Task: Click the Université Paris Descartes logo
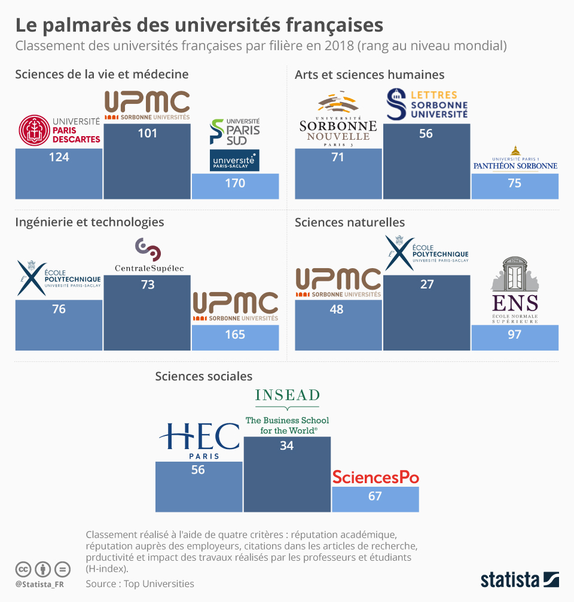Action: coord(59,130)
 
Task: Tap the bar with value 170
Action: coord(235,186)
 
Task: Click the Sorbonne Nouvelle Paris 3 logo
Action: coord(338,120)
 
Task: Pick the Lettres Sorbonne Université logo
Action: coord(426,104)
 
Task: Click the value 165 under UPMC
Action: coord(235,334)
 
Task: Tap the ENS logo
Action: coord(515,290)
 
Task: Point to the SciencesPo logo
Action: coord(375,477)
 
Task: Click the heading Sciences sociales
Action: coord(203,376)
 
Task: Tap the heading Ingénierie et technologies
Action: coord(90,222)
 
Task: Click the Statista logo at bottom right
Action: coord(520,579)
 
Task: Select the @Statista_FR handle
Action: coord(39,583)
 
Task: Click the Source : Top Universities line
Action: coord(140,583)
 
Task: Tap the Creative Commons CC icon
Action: coord(23,569)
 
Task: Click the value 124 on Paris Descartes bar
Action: coord(59,157)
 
